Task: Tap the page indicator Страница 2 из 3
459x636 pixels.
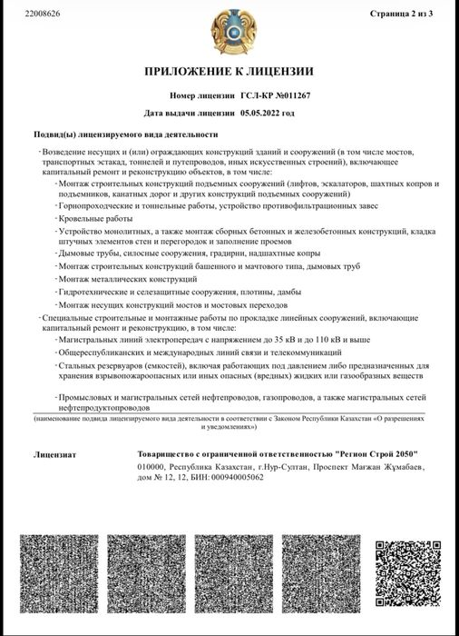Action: tap(408, 15)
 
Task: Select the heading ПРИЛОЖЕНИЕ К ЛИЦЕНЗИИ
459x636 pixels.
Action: tap(229, 71)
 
